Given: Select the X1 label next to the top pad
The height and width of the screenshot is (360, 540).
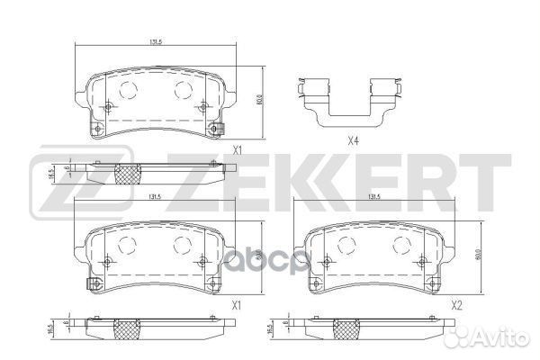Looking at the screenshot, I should click(x=238, y=152).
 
